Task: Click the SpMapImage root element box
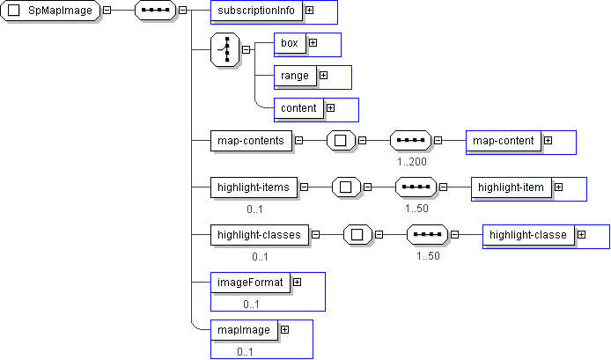(x=52, y=11)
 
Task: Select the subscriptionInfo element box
(x=258, y=11)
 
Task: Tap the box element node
(x=289, y=42)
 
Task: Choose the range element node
(x=295, y=76)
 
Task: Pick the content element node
(x=298, y=108)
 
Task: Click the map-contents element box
(x=251, y=140)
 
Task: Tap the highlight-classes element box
(x=259, y=235)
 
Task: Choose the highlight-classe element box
(x=528, y=235)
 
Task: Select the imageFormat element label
(x=251, y=283)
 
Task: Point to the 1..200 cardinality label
(x=411, y=162)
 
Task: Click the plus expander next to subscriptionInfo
(x=309, y=11)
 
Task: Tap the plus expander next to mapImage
(x=284, y=329)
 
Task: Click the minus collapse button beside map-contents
(x=299, y=140)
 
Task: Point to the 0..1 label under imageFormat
(x=252, y=304)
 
